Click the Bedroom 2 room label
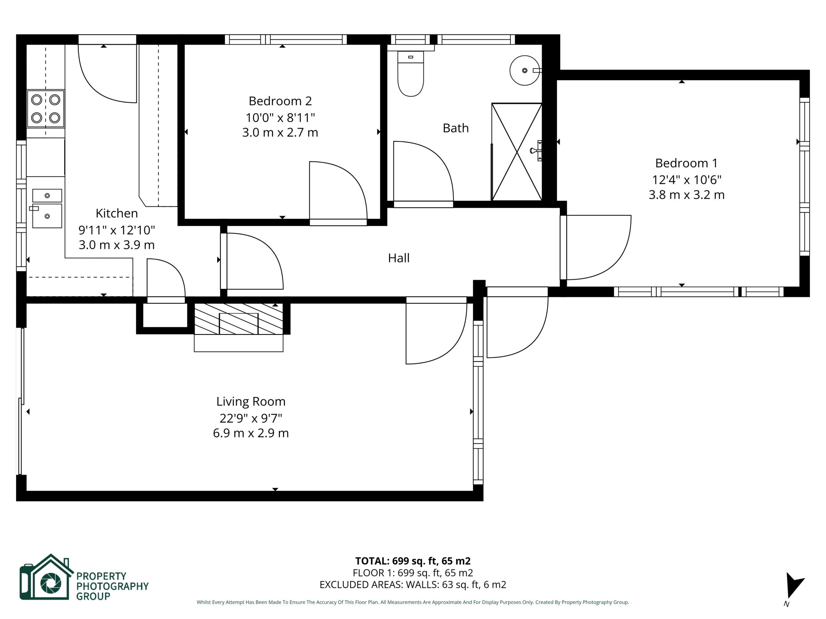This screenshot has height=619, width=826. pos(280,101)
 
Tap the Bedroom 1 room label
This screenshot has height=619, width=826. pos(686,163)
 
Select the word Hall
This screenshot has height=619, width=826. pos(399,258)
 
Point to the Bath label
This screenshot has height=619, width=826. pos(456,128)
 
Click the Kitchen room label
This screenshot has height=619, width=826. pos(116,213)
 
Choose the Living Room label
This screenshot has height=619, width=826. pos(251,401)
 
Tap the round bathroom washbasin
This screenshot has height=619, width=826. pos(525,71)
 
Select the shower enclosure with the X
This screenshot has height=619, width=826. pos(517,152)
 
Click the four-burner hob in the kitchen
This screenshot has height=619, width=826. pos(45,109)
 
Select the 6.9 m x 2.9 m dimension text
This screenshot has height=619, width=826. pos(251,433)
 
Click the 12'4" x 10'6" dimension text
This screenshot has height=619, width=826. pos(686,180)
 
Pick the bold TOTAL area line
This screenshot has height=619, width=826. pos(413,561)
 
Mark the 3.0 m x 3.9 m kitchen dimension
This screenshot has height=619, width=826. pos(116,245)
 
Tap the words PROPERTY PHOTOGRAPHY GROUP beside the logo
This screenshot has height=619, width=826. pos(112,586)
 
